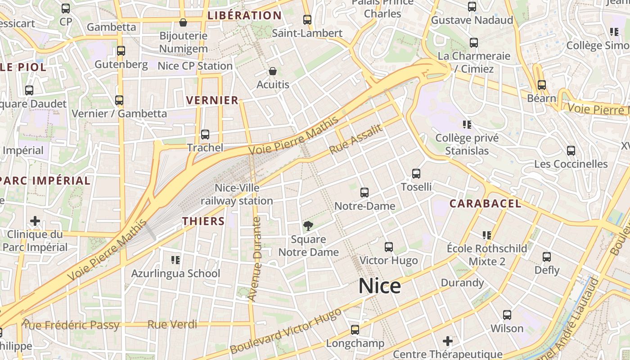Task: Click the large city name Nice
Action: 379,286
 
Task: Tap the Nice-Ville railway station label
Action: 237,194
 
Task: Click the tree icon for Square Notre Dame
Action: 308,226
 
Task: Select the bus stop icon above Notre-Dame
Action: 364,193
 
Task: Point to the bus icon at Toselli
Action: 416,173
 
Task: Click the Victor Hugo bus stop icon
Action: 389,247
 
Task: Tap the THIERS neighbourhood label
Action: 203,221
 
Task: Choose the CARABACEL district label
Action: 486,203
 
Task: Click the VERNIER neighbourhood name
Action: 212,100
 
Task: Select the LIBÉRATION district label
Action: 245,16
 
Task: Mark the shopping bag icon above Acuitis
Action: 273,71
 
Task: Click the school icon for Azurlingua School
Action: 175,260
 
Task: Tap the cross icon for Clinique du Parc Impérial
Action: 35,221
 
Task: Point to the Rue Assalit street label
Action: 356,139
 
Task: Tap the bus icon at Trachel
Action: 205,134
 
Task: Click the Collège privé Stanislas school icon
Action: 467,124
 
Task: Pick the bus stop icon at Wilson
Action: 507,315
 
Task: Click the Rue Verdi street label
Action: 172,324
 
